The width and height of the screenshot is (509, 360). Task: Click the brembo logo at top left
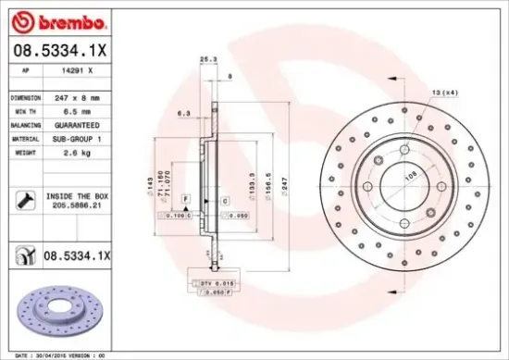click(57, 21)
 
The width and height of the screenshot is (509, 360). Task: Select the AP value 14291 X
click(76, 69)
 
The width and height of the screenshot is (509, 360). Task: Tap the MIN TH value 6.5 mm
click(75, 110)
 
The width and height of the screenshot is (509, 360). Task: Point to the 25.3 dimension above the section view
click(208, 60)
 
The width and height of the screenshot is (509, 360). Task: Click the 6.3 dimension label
click(184, 115)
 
